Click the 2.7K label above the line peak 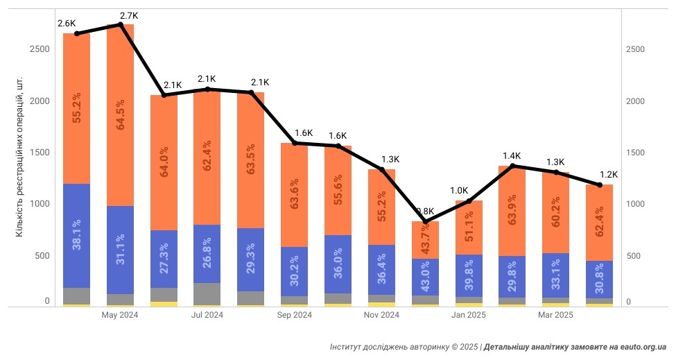coord(130,15)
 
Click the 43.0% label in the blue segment coord(425,279)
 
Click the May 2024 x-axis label coord(120,315)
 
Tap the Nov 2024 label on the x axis coord(381,315)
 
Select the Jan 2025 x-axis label coord(469,315)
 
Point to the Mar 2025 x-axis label coord(556,315)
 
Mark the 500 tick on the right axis coord(633,255)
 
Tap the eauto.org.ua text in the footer coord(644,345)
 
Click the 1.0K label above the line coord(459,190)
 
